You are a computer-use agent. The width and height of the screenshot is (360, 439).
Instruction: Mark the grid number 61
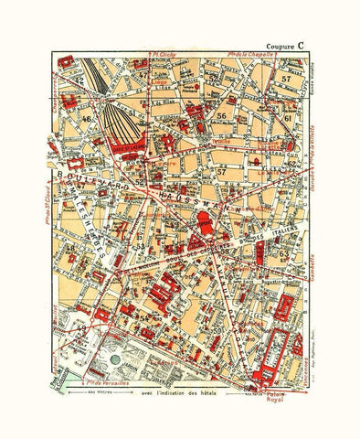click(287, 118)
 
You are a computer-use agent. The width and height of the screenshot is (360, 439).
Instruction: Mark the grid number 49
click(81, 324)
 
